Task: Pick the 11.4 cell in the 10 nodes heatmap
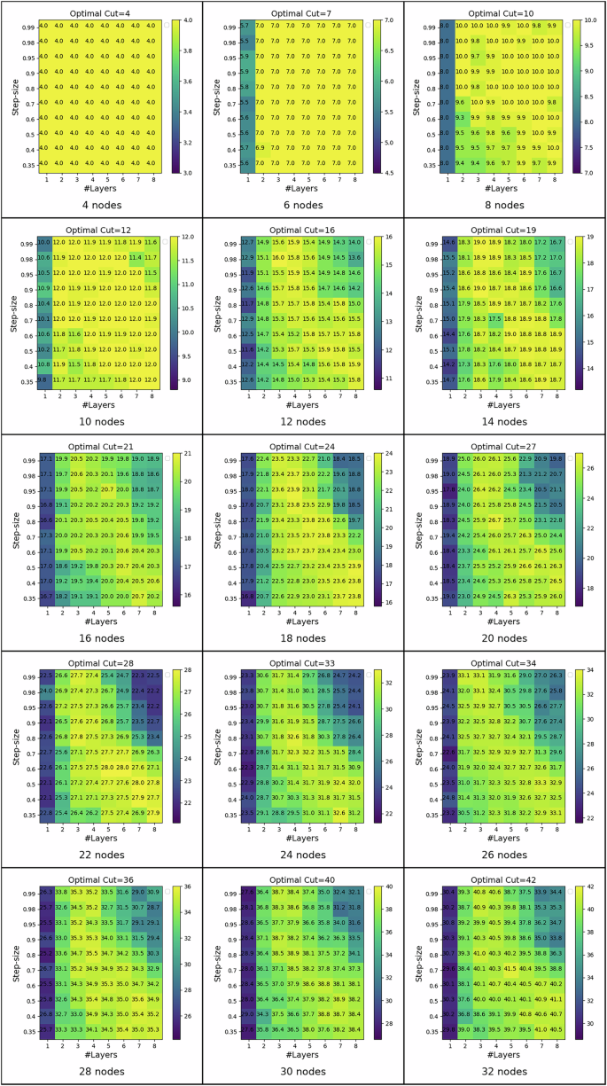(x=136, y=257)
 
